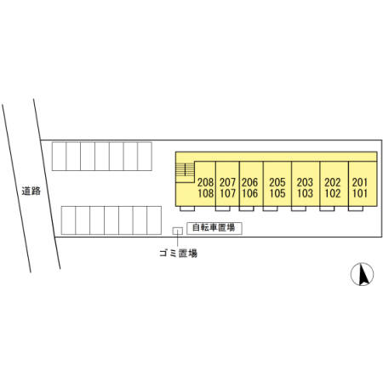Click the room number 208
(x=205, y=182)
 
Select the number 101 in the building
(x=360, y=193)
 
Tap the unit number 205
(x=277, y=182)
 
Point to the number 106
(x=249, y=193)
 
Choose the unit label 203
(x=305, y=182)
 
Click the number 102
(x=333, y=193)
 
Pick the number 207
(x=227, y=182)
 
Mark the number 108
(x=205, y=193)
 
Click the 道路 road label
(x=31, y=191)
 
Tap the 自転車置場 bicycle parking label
(x=214, y=227)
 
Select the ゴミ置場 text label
(x=178, y=253)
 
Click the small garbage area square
(x=177, y=231)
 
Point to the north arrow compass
(x=362, y=274)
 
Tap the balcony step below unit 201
(x=356, y=209)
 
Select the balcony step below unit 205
(x=270, y=209)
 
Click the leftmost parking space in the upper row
(x=59, y=157)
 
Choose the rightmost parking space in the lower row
(x=154, y=220)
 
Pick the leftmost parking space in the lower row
(x=68, y=220)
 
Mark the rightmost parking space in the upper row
(x=145, y=157)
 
